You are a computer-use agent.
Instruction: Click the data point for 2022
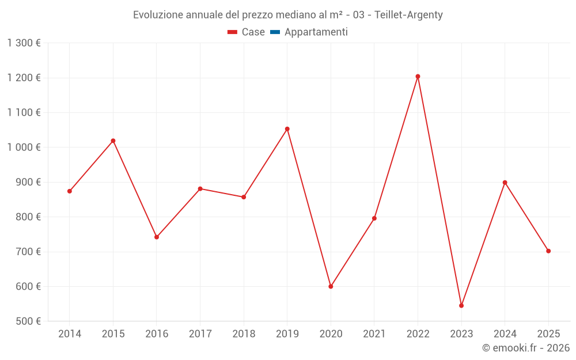click(x=418, y=77)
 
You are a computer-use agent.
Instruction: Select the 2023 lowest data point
click(x=461, y=305)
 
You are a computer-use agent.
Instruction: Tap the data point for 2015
click(x=113, y=141)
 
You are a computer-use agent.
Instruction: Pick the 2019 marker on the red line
click(x=287, y=129)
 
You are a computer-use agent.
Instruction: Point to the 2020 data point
click(x=331, y=286)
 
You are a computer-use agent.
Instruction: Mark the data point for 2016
click(x=157, y=237)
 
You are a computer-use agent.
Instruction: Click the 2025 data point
click(x=548, y=251)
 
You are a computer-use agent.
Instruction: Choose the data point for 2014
click(x=70, y=191)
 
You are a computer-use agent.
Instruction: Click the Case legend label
click(x=253, y=32)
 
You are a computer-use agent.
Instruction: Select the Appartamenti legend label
click(x=316, y=32)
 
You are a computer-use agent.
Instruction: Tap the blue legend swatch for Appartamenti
click(x=275, y=32)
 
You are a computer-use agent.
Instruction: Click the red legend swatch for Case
click(x=233, y=32)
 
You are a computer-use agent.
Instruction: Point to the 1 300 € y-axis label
click(x=24, y=43)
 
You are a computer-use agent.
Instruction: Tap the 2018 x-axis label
click(x=244, y=334)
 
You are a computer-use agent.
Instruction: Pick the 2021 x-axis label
click(x=374, y=334)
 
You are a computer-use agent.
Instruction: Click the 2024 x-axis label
click(x=505, y=334)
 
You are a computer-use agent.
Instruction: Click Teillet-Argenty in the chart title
click(x=408, y=15)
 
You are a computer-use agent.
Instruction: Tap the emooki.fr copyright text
click(x=525, y=348)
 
